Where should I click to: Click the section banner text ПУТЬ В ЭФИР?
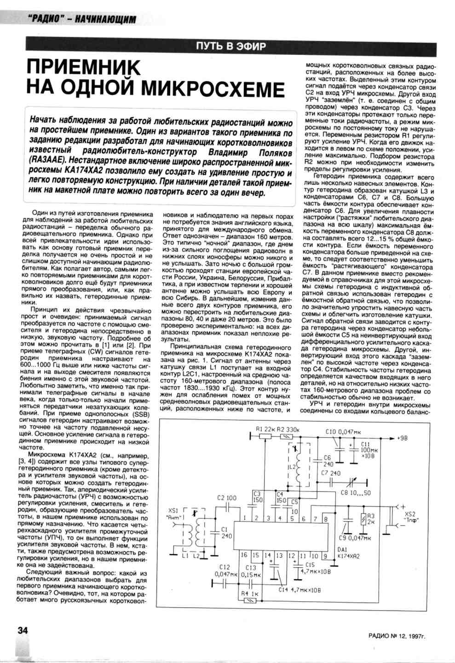pos(230,46)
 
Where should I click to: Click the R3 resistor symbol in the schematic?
pos(364,520)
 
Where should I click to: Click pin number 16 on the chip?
pos(244,556)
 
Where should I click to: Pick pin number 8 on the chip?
pos(325,519)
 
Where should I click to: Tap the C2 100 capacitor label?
pos(226,498)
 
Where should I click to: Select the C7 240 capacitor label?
pos(331,473)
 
